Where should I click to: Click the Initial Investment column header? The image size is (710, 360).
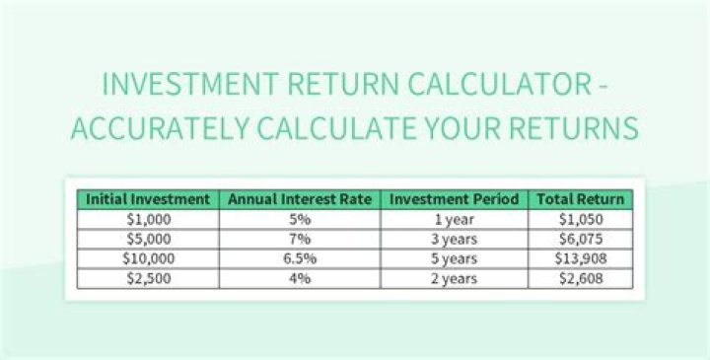point(148,199)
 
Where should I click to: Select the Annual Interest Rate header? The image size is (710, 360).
point(300,199)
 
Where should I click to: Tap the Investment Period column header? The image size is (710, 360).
point(454,199)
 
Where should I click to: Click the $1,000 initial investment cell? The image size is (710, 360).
point(148,219)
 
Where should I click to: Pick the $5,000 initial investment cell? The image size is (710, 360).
point(148,239)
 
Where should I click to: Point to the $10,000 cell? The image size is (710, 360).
point(148,258)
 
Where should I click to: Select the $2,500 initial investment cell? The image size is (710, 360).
point(148,278)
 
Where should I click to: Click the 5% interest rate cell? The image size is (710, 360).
point(300,219)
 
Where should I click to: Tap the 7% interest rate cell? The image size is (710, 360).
point(300,239)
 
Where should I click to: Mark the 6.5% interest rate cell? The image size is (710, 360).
point(300,258)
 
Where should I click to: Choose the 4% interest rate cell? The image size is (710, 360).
point(300,278)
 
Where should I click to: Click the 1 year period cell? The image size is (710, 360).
point(454,219)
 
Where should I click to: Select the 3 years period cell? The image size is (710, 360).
point(454,239)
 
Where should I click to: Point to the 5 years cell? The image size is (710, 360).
point(454,258)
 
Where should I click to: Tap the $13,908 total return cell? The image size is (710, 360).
point(580,258)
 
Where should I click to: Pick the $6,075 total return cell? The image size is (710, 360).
point(580,239)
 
